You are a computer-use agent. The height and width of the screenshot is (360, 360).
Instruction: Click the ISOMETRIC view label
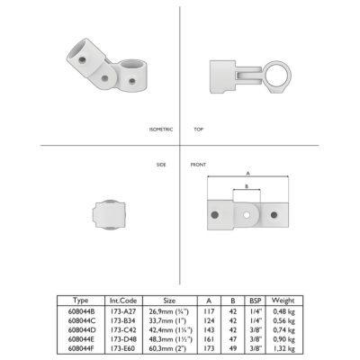tap(161, 130)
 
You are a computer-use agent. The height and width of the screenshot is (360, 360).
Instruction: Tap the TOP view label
tap(199, 130)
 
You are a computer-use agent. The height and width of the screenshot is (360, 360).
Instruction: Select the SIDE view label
tap(161, 165)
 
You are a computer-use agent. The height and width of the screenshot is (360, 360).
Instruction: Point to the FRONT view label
tap(198, 165)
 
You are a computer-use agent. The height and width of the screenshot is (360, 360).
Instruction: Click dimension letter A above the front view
tap(247, 173)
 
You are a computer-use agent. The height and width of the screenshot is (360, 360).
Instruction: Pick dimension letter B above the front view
tap(247, 186)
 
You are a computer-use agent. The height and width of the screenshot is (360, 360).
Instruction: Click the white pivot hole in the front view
tap(247, 215)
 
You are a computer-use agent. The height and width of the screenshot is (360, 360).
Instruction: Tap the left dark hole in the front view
tap(214, 215)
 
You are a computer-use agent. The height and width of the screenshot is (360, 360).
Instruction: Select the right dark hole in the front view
tap(274, 215)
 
